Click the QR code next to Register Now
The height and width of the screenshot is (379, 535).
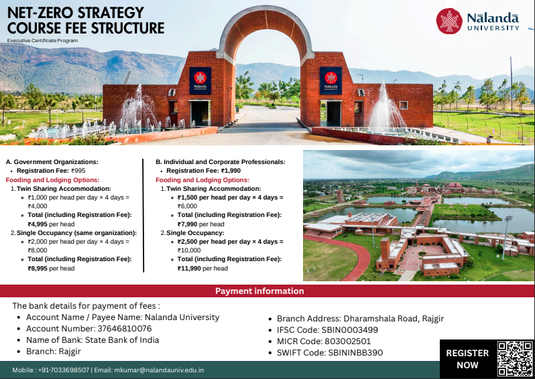[x=514, y=358]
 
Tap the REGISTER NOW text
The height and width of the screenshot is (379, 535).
[x=467, y=359]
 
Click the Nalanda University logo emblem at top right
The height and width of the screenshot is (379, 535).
[x=449, y=21]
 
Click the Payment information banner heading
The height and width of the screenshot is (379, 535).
[x=259, y=291]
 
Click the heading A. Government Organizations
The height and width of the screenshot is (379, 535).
[x=52, y=161]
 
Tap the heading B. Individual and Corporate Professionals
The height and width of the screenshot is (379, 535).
[x=221, y=161]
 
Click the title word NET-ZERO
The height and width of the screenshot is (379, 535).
[x=46, y=13]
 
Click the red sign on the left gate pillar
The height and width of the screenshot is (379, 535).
[x=200, y=80]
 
